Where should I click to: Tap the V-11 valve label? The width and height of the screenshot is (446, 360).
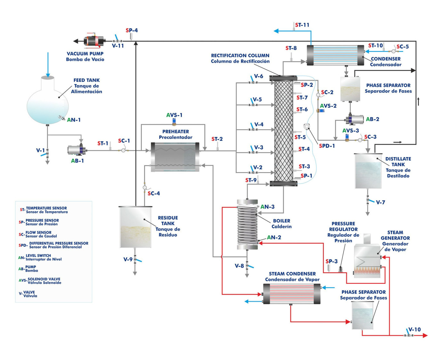point(118,46)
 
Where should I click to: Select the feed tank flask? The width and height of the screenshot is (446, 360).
point(47,100)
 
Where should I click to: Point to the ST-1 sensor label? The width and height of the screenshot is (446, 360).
point(102,143)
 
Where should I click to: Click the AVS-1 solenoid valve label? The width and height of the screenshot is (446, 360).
point(174,115)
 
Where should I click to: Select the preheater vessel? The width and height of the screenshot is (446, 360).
point(175,157)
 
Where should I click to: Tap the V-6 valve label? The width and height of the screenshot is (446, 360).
point(259,76)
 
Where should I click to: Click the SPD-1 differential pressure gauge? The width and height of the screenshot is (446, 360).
point(307,126)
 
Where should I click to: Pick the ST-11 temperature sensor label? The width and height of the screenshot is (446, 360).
point(302,25)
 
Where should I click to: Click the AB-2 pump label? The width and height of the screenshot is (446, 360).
point(372,119)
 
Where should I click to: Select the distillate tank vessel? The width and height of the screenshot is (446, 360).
point(368,171)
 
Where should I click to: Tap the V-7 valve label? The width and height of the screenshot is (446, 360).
point(380,202)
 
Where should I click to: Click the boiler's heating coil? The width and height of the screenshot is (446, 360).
point(247,225)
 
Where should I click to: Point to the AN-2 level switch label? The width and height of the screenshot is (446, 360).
point(274,237)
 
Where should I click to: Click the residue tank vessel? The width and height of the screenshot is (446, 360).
point(135,227)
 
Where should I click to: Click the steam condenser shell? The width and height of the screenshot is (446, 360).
point(292,294)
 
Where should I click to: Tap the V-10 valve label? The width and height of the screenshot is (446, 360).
point(415,330)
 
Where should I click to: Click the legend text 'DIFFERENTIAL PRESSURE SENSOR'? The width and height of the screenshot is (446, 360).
point(59,243)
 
